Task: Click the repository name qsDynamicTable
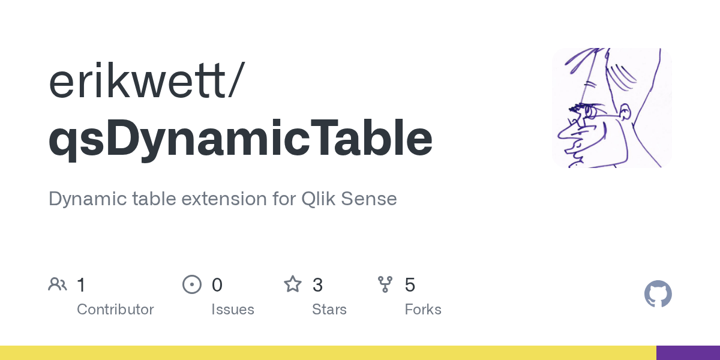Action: click(240, 139)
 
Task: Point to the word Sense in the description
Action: click(368, 199)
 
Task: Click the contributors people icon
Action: click(58, 284)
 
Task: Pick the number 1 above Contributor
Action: click(82, 284)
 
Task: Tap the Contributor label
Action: click(115, 310)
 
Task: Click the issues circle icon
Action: click(191, 284)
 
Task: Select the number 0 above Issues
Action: click(217, 284)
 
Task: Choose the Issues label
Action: click(233, 310)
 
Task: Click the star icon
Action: click(293, 284)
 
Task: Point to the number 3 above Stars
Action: click(317, 284)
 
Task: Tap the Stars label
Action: click(329, 310)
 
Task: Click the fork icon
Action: click(385, 284)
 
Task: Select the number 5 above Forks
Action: click(410, 284)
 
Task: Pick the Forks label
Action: click(423, 310)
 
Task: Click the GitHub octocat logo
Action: click(658, 294)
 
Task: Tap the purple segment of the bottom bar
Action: click(688, 353)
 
